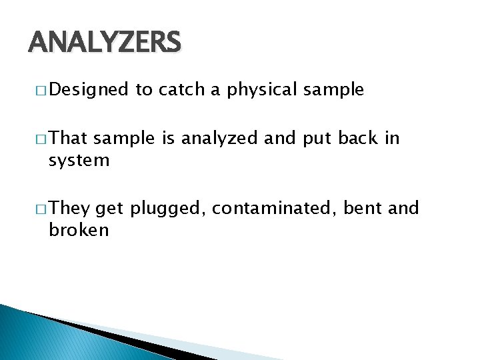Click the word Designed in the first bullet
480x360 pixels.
(88, 90)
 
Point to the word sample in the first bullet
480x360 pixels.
(333, 90)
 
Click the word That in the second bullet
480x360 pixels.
(69, 138)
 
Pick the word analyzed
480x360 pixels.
(221, 138)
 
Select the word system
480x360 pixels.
(79, 161)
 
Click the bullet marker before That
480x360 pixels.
(41, 139)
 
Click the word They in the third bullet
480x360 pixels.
(69, 209)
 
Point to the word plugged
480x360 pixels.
(168, 209)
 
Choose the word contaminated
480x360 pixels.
(275, 209)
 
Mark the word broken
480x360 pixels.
(79, 231)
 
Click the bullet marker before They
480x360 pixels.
(41, 209)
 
